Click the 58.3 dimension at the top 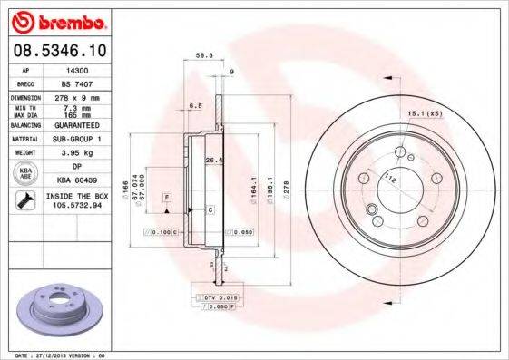click(204, 56)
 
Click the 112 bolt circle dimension click(391, 177)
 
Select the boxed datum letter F click(167, 197)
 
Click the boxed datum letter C click(210, 209)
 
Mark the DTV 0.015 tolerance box click(215, 298)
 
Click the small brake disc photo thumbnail click(55, 307)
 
